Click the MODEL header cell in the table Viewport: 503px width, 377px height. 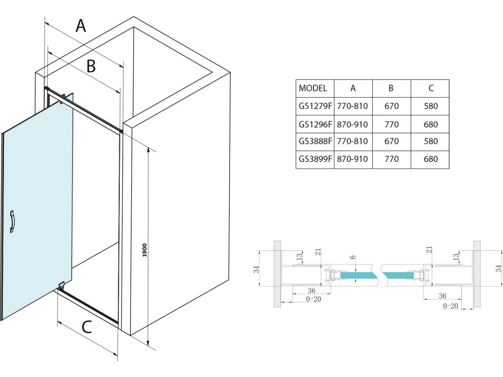click(313, 88)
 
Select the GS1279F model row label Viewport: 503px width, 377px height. click(315, 106)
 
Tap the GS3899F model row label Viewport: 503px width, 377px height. click(315, 159)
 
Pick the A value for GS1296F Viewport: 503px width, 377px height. click(353, 124)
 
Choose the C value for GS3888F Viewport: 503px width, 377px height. click(430, 141)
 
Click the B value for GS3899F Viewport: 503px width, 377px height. click(391, 159)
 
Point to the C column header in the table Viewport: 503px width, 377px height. click(430, 88)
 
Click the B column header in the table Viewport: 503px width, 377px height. click(391, 88)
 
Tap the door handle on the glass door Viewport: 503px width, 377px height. click(13, 221)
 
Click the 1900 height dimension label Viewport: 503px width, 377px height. click(146, 249)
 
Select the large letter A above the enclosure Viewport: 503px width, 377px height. click(81, 26)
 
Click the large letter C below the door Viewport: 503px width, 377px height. click(86, 327)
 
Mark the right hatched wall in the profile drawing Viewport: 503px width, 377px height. click(477, 274)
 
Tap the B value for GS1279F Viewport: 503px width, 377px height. click(391, 106)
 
